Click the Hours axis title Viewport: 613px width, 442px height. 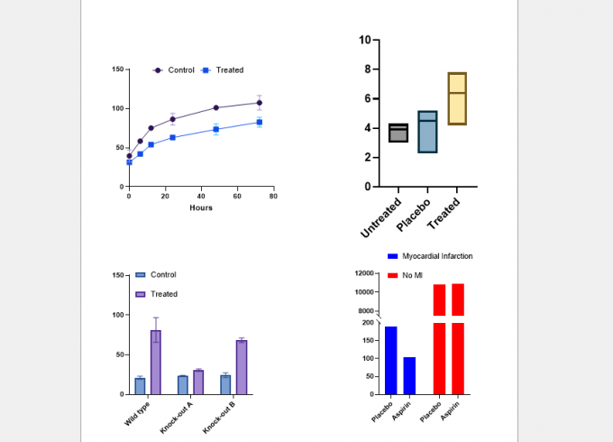point(201,208)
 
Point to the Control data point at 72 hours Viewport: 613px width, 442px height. point(259,103)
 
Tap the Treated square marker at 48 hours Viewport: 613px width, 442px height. point(216,130)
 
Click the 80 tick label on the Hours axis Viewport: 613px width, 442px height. point(272,196)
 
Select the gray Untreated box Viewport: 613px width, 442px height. point(398,133)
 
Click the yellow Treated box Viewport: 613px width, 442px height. point(457,98)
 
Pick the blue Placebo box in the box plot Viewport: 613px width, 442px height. point(427,132)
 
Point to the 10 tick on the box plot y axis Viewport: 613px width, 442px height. point(364,40)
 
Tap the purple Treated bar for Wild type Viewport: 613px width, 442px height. point(156,362)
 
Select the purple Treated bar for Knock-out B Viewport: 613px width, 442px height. point(242,367)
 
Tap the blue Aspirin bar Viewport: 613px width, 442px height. point(409,375)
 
